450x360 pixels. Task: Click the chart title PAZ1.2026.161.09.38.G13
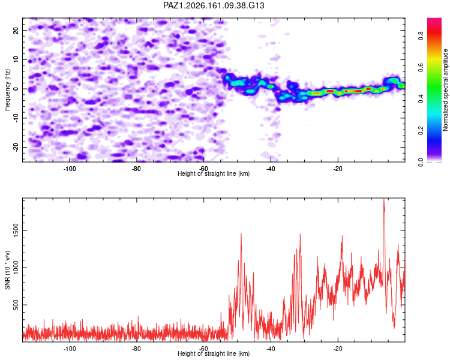[214, 5]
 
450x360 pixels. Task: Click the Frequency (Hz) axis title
[7, 90]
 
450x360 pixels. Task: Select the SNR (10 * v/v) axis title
[7, 270]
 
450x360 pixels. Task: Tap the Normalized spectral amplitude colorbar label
[445, 90]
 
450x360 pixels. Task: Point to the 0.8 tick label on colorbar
[421, 36]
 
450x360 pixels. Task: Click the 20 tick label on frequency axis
[16, 31]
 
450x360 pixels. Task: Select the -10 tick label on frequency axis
[16, 118]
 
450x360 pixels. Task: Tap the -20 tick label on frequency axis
[16, 147]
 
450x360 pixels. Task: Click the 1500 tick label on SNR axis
[16, 230]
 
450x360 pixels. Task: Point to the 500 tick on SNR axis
[16, 305]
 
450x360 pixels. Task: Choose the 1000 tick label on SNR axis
[16, 268]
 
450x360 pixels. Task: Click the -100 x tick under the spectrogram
[69, 169]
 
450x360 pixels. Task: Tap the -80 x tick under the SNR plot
[136, 349]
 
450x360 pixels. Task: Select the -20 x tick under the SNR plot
[338, 349]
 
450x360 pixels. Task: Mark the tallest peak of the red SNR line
[384, 199]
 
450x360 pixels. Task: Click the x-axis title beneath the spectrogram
[214, 173]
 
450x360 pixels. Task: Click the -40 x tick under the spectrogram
[271, 169]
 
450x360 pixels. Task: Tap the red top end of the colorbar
[434, 20]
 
